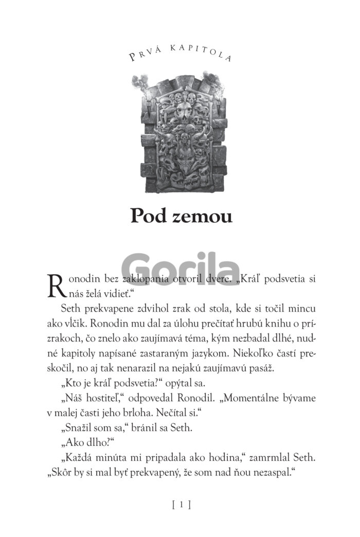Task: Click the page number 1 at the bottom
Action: click(x=181, y=505)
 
